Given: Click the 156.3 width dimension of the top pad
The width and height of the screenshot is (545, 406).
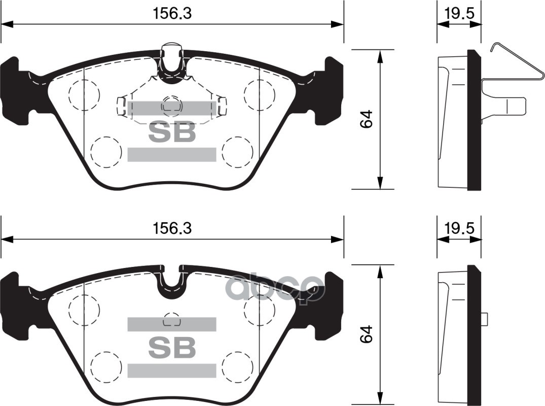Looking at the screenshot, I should click(x=172, y=14).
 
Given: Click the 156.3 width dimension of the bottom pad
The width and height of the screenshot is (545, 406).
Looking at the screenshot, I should click(x=172, y=229).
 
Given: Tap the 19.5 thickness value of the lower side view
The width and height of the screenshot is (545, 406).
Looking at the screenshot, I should click(x=459, y=229).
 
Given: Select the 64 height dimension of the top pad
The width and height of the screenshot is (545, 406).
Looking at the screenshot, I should click(x=367, y=119).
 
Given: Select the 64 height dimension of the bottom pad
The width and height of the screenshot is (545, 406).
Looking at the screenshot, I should click(x=367, y=334).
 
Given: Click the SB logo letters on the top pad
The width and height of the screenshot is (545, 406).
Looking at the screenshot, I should click(x=171, y=132).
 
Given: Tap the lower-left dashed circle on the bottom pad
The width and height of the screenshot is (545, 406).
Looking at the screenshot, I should click(x=106, y=366).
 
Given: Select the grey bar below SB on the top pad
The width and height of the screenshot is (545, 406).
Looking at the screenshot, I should click(x=171, y=154).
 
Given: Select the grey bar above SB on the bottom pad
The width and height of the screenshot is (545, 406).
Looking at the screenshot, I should click(x=171, y=324).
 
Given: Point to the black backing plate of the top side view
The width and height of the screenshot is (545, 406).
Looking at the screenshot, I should click(x=474, y=120).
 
